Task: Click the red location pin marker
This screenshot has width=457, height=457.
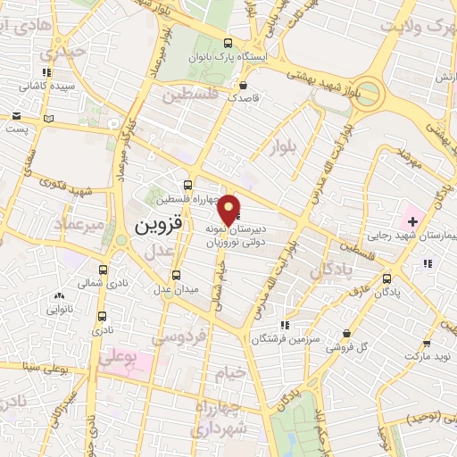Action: [229, 211]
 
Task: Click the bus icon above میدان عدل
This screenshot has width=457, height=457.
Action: [176, 274]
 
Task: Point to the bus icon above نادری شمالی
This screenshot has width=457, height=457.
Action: [104, 269]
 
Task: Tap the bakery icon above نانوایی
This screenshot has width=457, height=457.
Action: [60, 295]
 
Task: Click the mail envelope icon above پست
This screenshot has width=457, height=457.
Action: [17, 116]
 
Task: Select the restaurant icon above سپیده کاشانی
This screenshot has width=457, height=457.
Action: [46, 72]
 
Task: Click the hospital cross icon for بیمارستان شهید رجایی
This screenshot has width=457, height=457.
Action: [412, 220]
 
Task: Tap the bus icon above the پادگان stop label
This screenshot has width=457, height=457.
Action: [385, 278]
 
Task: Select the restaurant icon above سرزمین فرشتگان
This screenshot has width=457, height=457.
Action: [285, 326]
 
